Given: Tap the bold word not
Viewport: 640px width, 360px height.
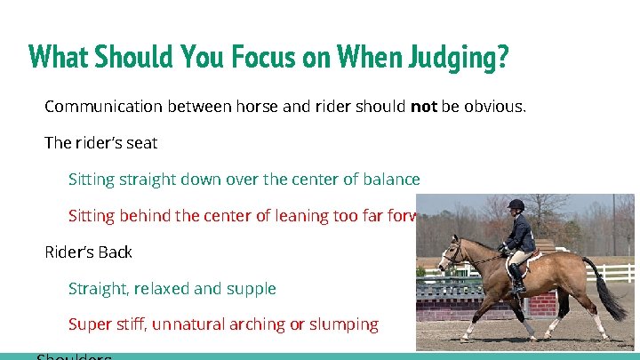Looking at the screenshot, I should point(424,107).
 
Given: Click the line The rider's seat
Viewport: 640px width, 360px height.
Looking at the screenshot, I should point(100,143).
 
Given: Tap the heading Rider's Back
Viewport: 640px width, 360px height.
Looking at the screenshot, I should point(88,252).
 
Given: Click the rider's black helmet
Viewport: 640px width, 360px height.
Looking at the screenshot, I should point(515,205).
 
